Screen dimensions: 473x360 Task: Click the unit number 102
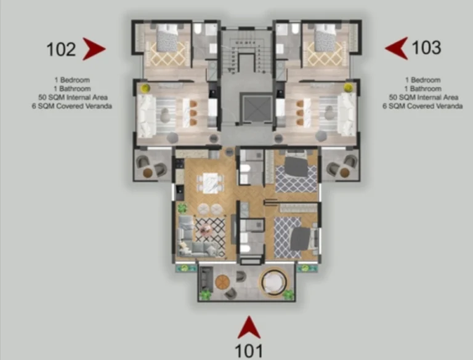pos(61,49)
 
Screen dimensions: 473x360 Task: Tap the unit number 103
pos(426,47)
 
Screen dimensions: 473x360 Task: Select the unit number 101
pos(249,351)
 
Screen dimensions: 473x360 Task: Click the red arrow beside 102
pos(94,49)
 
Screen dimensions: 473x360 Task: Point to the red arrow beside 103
pos(397,48)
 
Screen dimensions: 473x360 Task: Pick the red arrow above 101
pos(249,327)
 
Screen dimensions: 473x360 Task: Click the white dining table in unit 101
pos(211,183)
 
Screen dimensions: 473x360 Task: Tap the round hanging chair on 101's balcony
pos(272,282)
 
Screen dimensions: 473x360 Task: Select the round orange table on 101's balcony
pos(222,282)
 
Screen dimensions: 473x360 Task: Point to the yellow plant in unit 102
pos(146,88)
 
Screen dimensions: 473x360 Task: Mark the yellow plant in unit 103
pos(349,87)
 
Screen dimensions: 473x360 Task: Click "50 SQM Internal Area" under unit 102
pos(73,97)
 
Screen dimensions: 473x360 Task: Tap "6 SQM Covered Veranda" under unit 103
pos(422,106)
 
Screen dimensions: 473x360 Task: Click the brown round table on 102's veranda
pos(148,173)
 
